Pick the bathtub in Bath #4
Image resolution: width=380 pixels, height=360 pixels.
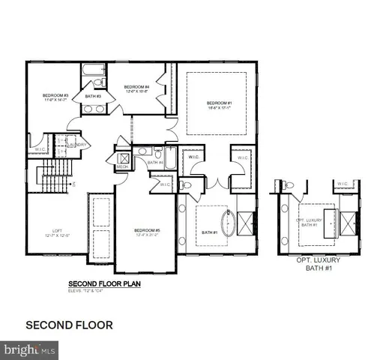[171, 159]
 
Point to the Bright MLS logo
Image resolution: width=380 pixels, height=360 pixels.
[30, 349]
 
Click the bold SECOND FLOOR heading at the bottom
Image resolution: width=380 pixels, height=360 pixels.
[69, 325]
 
